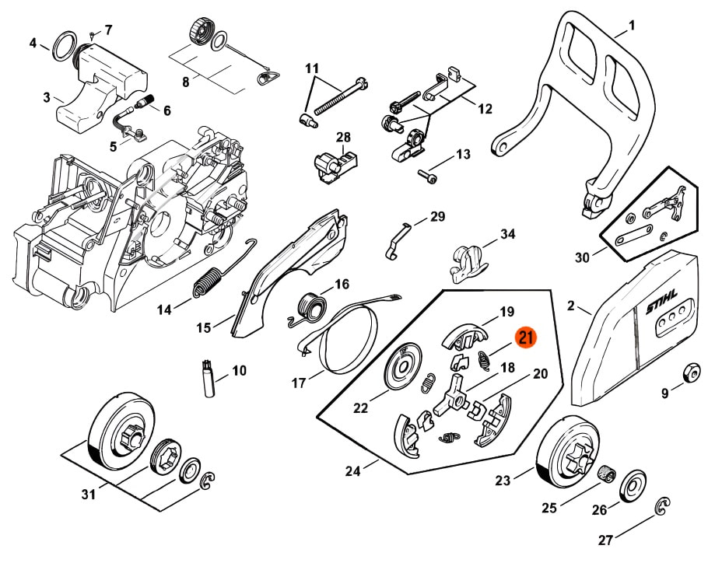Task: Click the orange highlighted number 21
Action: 526,337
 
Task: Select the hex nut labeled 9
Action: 690,372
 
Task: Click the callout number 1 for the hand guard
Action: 631,26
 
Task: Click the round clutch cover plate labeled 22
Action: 407,366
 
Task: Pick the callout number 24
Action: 353,470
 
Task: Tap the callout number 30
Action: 580,256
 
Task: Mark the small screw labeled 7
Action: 92,34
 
